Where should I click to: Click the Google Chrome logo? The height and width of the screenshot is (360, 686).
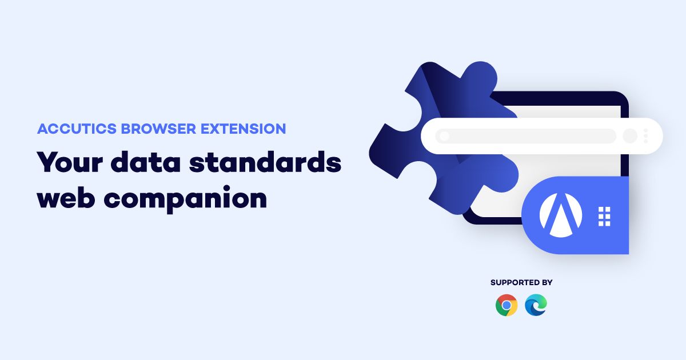click(506, 305)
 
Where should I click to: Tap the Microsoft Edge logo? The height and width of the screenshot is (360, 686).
click(536, 305)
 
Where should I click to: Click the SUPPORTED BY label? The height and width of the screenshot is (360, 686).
click(521, 282)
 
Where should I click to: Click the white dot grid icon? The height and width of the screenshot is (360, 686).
click(604, 217)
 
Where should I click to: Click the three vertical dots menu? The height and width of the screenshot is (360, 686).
click(645, 136)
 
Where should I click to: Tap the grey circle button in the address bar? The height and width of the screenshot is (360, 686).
click(630, 136)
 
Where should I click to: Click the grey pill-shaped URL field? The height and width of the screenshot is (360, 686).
click(526, 136)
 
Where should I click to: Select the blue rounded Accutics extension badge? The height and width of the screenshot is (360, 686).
click(577, 215)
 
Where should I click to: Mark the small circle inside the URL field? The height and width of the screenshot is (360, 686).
click(444, 136)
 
